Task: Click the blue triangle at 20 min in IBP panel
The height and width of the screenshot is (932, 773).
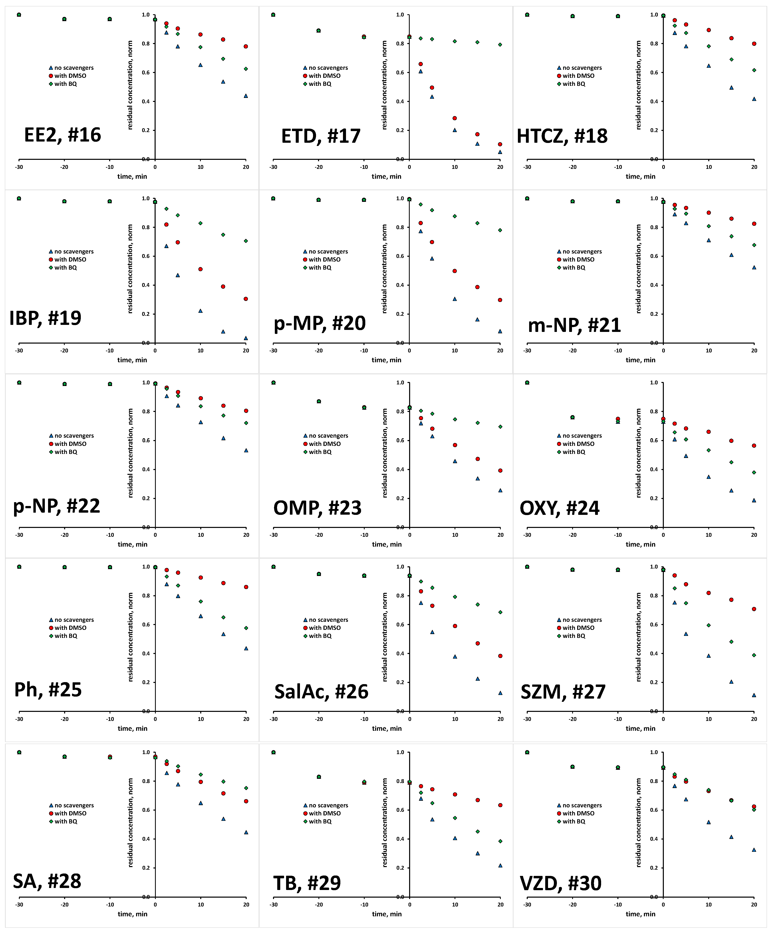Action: tap(246, 338)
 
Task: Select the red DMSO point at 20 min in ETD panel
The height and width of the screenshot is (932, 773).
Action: tap(500, 144)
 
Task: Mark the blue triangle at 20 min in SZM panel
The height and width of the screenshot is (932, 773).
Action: tap(754, 695)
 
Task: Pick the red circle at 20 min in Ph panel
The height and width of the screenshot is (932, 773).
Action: tap(246, 587)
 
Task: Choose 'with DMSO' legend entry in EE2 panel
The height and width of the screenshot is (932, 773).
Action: tap(70, 76)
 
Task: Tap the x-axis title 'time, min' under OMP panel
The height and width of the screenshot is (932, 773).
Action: tap(386, 545)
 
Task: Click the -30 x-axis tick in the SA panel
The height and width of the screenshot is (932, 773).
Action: tap(19, 904)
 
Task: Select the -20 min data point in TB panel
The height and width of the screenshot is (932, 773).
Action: tap(319, 777)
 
